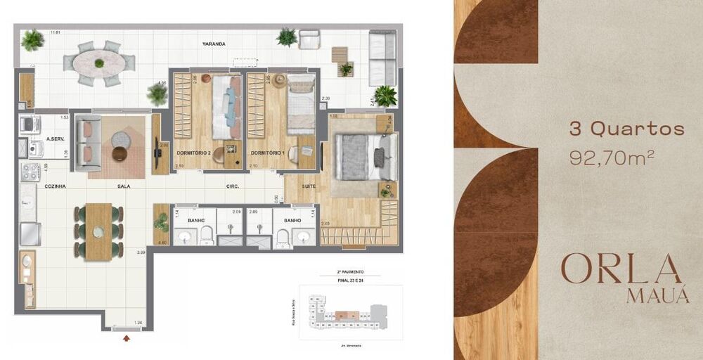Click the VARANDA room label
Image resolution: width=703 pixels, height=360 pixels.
click(214, 44)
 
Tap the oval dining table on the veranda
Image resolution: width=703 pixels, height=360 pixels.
click(99, 63)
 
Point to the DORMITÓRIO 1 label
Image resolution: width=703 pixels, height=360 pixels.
click(267, 153)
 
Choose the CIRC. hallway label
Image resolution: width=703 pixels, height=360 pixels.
click(233, 186)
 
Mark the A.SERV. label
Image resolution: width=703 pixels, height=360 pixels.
click(56, 139)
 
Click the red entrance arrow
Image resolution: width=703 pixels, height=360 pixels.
click(127, 338)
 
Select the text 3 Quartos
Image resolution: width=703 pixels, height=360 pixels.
click(626, 129)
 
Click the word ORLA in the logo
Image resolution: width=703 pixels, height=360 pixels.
click(621, 269)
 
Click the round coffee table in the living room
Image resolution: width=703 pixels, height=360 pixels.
click(120, 153)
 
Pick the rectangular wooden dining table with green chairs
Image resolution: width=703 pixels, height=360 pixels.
click(98, 231)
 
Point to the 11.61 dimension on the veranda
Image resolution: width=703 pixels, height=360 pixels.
click(56, 32)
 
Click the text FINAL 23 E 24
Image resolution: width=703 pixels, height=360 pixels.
click(349, 279)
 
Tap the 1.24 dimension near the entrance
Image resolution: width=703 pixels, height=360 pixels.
click(138, 323)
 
